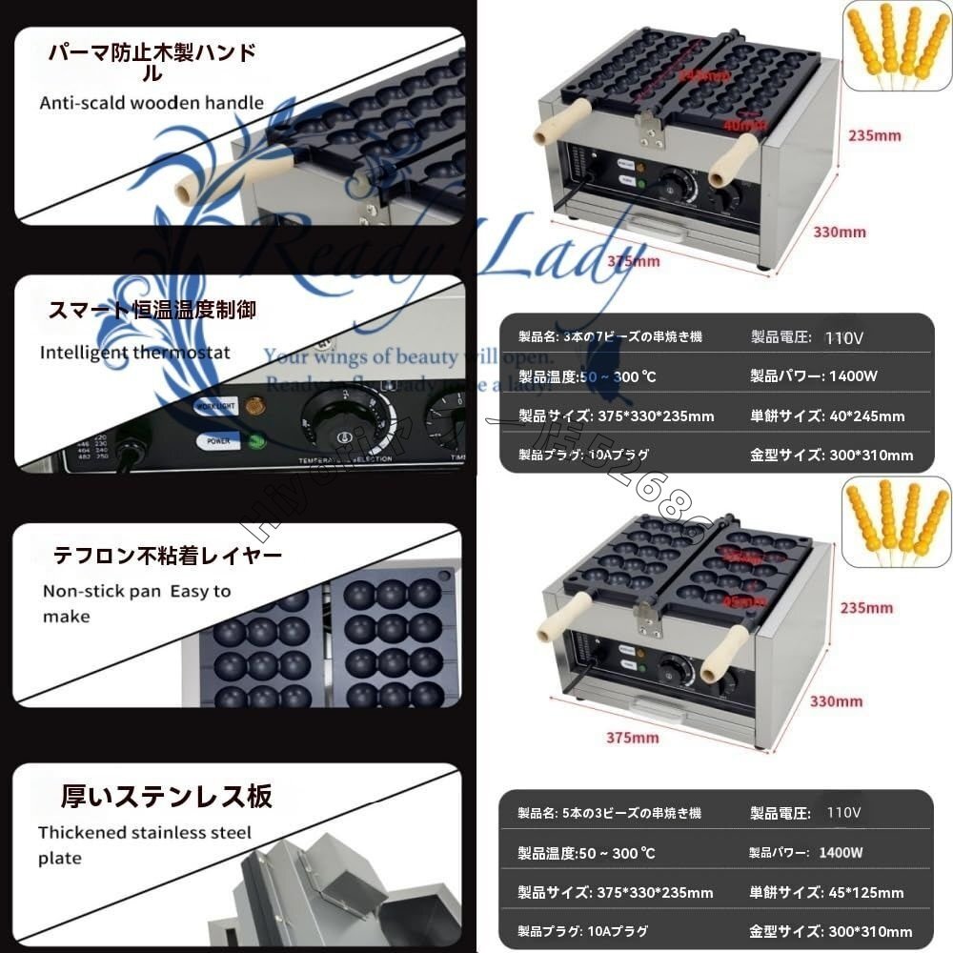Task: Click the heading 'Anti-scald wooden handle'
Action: click(x=152, y=103)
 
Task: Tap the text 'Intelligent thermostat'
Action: click(x=134, y=353)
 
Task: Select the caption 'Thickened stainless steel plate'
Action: click(x=144, y=844)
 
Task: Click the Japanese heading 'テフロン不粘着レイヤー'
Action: click(x=167, y=555)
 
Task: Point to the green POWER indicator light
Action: click(x=256, y=441)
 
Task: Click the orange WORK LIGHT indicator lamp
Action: click(x=254, y=405)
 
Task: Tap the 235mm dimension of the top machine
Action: click(x=874, y=135)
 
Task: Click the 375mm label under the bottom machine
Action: click(x=633, y=737)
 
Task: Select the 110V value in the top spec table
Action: click(x=843, y=336)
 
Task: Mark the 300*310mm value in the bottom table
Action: click(x=872, y=931)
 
